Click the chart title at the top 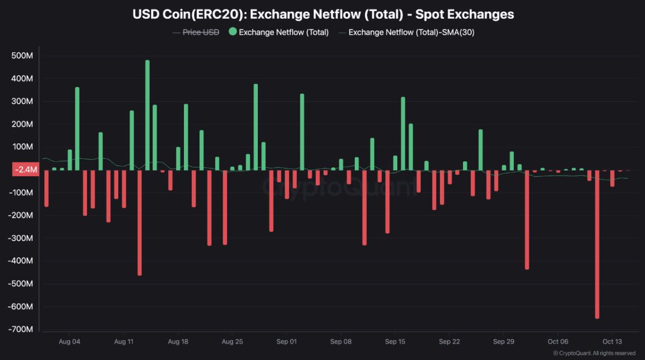coord(323,15)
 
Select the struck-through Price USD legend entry coord(200,32)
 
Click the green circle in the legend coord(232,32)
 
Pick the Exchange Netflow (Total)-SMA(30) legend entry coord(411,32)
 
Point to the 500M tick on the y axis coord(22,56)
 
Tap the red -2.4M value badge coord(25,170)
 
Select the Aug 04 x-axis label coord(69,341)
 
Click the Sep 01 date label coord(286,341)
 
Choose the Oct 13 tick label coord(612,341)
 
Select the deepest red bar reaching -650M coord(597,244)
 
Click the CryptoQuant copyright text coord(594,353)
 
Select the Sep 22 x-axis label coord(449,341)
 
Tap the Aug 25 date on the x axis coord(232,341)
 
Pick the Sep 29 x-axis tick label coord(503,341)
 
